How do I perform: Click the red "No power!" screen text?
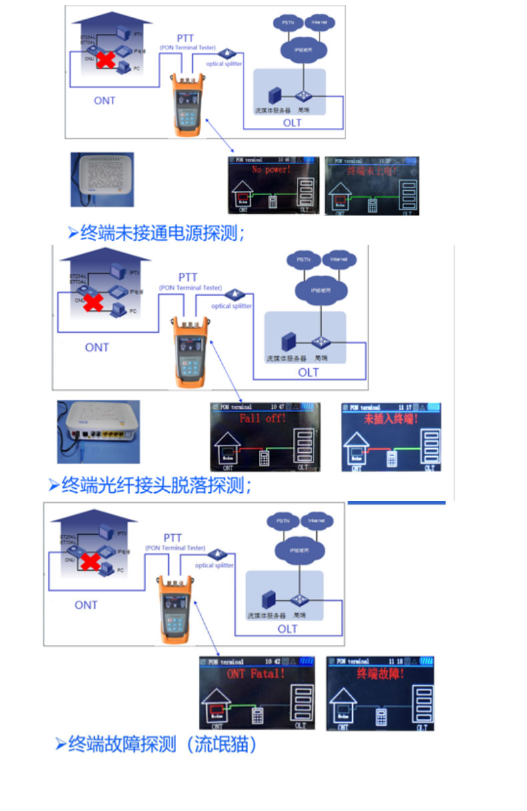point(271,170)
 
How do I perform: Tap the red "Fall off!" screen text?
point(263,418)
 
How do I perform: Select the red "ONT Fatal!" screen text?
point(255,674)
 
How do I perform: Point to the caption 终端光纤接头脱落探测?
point(156,485)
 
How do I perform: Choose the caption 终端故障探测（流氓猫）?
point(161,744)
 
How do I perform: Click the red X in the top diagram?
point(105,60)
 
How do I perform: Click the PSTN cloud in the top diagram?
point(288,23)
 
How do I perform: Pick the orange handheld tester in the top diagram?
point(187,104)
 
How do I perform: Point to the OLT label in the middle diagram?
point(308,372)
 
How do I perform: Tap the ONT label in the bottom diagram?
point(86,605)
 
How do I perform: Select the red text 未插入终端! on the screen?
point(391,420)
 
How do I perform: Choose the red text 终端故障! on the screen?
point(381,674)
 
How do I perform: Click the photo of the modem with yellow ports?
point(99,432)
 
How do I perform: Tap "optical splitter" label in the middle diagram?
point(231,306)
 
